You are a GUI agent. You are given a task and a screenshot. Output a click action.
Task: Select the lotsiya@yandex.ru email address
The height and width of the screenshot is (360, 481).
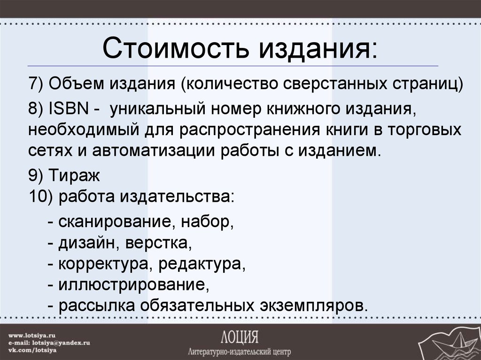coord(63,343)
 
